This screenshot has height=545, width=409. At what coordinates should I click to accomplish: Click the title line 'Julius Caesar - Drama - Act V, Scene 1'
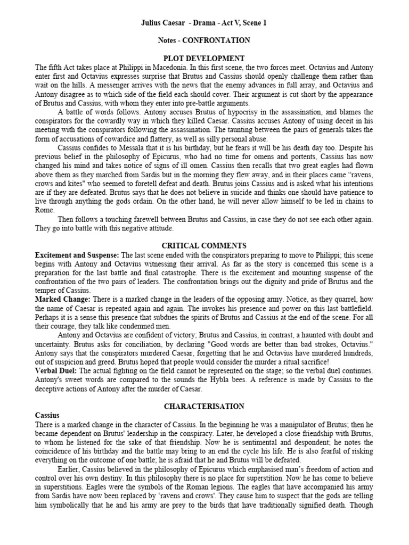pyautogui.click(x=204, y=23)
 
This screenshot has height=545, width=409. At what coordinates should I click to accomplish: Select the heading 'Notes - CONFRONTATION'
pyautogui.click(x=204, y=40)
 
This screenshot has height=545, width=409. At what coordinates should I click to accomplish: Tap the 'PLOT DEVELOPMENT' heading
pyautogui.click(x=204, y=58)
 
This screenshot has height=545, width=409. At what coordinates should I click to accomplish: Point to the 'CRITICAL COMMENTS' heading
pyautogui.click(x=204, y=245)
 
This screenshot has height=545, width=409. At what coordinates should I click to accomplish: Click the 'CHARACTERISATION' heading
pyautogui.click(x=204, y=406)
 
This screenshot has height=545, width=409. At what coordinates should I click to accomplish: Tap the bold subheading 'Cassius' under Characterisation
pyautogui.click(x=47, y=415)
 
